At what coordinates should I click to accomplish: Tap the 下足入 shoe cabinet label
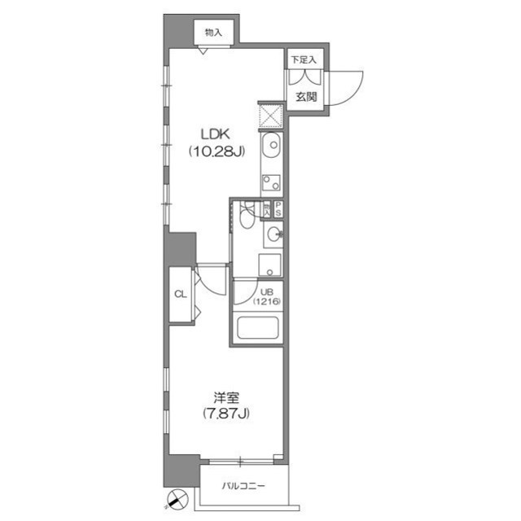[305, 60]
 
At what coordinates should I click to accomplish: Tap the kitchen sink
[271, 148]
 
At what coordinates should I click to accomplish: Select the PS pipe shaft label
[278, 209]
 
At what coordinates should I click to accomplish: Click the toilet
[247, 217]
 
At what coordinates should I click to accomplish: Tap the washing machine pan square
[270, 265]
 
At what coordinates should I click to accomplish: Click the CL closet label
[181, 295]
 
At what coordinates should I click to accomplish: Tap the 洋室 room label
[226, 398]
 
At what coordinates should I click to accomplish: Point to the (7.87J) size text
[226, 414]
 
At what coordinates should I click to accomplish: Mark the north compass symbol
[177, 499]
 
